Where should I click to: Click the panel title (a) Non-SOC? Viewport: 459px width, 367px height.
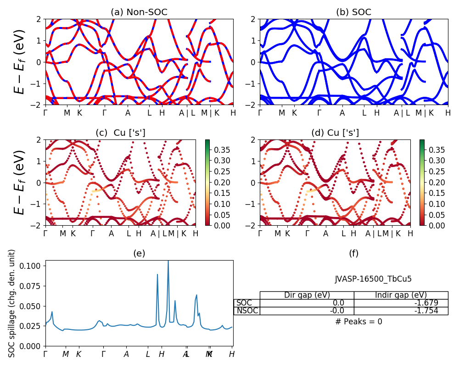[x=139, y=12]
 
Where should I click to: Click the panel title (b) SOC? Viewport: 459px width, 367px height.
[x=353, y=12]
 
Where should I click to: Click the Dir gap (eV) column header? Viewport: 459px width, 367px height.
[x=307, y=295]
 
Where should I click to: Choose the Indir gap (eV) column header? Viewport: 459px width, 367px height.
[x=401, y=295]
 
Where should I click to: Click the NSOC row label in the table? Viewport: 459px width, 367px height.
[x=247, y=311]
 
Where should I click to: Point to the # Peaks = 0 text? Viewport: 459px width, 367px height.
[x=358, y=322]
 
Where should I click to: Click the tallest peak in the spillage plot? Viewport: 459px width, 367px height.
[x=168, y=261]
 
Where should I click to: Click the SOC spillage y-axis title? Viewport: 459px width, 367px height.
[x=12, y=303]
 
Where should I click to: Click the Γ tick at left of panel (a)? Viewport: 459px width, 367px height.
[x=45, y=113]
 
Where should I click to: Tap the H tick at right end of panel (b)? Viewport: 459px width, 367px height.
[x=448, y=113]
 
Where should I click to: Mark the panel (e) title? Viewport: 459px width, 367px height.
[x=139, y=253]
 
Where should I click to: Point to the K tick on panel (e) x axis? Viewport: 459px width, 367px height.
[x=78, y=354]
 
